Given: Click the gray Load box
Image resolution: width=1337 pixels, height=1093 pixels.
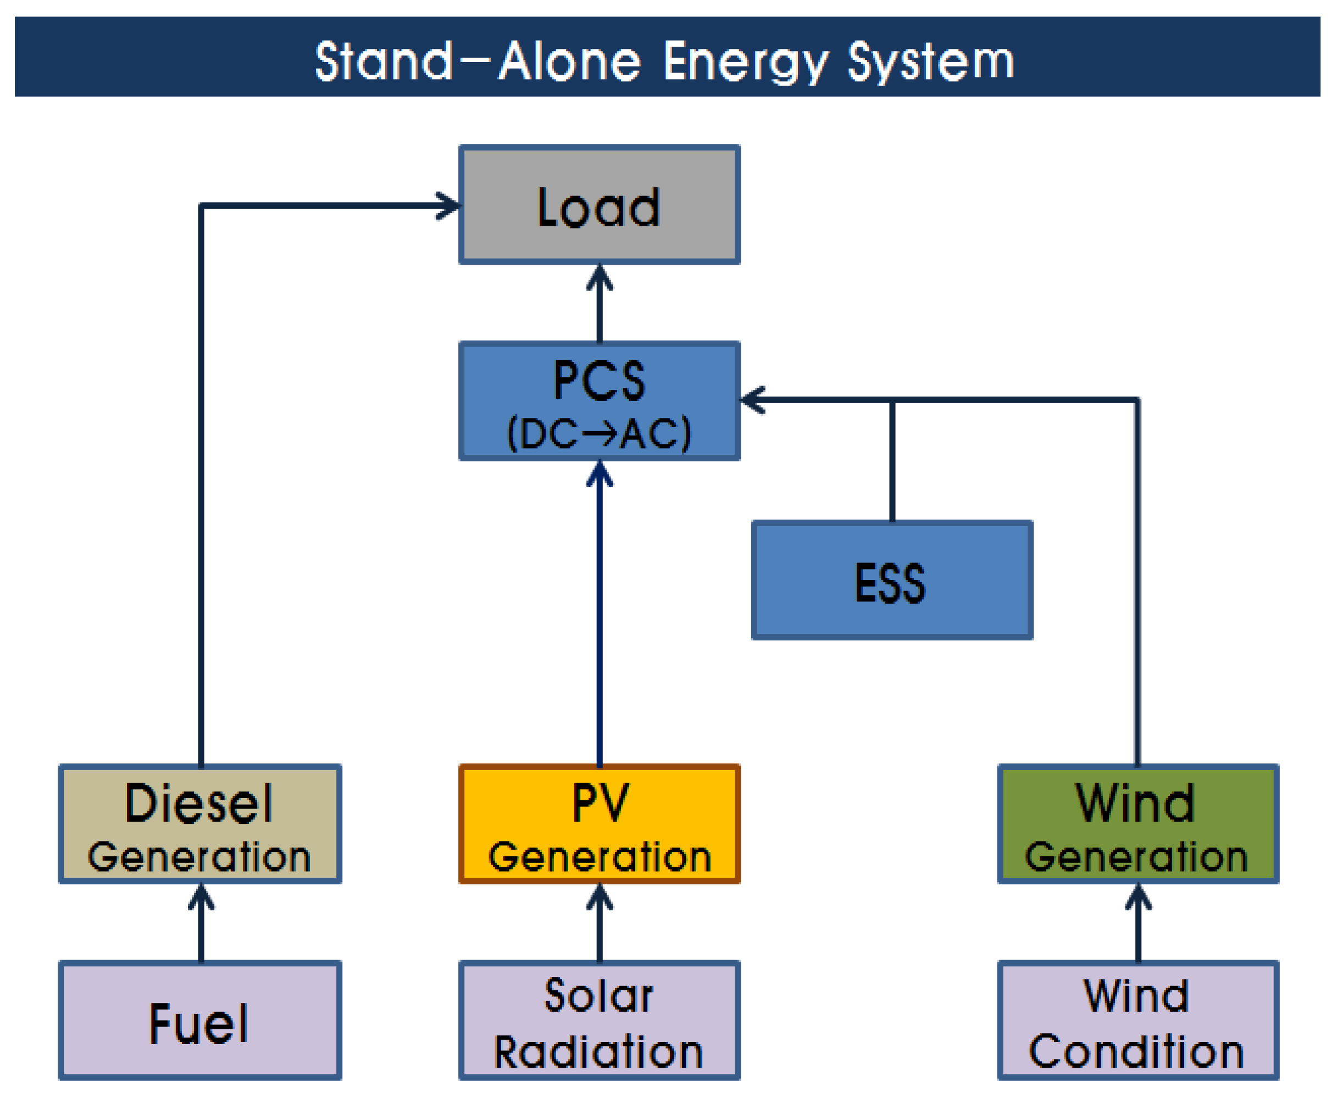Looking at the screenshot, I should point(599,205).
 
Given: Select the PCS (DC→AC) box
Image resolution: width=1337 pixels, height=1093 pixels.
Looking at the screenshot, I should point(599,400).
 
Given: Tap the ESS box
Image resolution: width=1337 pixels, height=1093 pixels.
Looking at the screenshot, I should point(892,580).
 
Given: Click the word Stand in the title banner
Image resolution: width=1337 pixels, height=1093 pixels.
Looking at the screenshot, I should point(383,62).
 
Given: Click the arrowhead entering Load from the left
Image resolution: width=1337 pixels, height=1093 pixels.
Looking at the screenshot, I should point(449,205).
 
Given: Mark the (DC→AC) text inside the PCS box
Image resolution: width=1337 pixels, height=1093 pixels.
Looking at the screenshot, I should point(599,434).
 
